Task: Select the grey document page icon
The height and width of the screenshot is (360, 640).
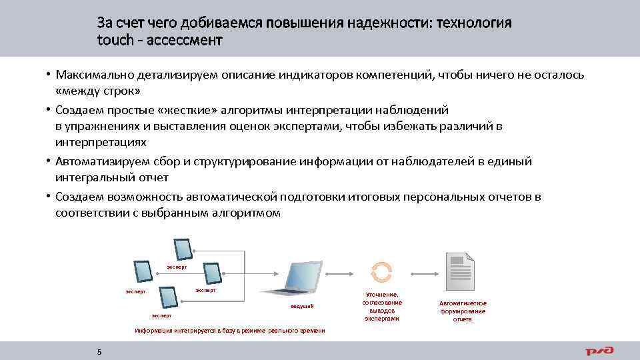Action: (x=459, y=270)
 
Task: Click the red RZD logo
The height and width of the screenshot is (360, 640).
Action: (x=599, y=351)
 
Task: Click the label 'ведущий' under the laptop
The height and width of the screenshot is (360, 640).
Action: (x=301, y=306)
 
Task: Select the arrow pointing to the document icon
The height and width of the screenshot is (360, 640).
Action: (x=419, y=273)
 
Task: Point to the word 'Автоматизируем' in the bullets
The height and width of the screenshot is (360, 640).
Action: (x=98, y=161)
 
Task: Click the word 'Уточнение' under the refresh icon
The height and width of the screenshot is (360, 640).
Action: (x=382, y=295)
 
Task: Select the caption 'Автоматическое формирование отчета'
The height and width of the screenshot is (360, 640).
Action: (x=463, y=311)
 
